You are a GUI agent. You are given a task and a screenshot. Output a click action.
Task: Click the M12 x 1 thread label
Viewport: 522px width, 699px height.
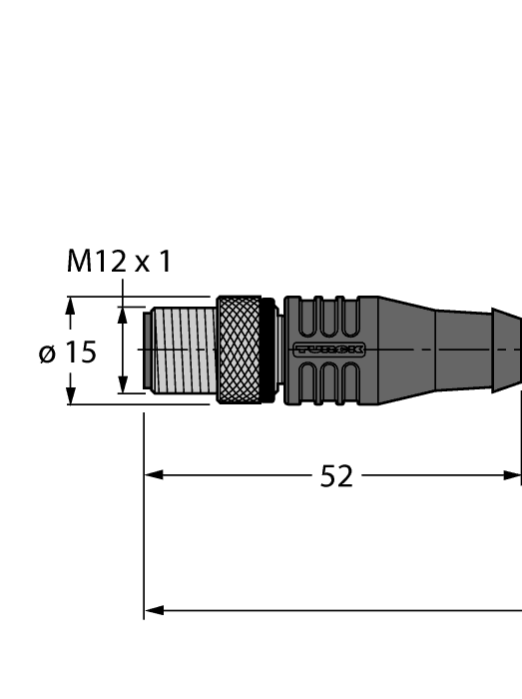tap(119, 263)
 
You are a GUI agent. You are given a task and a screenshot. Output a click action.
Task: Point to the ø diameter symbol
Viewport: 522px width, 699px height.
tap(48, 353)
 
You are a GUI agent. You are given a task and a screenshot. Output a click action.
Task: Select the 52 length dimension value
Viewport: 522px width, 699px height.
tap(336, 477)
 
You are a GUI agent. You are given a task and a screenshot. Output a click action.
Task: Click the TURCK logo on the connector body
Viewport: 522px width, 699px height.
tap(328, 349)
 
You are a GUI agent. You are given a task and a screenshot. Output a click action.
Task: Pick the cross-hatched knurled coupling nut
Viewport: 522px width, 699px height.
tap(239, 349)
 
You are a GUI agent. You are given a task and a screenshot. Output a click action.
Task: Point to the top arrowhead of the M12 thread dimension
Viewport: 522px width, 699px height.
tap(123, 315)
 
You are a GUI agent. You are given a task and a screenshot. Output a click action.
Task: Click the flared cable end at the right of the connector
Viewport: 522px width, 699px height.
tap(506, 349)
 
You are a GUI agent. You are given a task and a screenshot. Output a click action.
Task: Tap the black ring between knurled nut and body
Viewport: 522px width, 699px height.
tap(267, 349)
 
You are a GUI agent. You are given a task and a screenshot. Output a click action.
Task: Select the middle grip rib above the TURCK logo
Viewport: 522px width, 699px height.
tap(322, 318)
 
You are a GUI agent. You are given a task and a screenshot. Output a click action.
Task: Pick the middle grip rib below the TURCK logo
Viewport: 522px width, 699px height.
tap(322, 381)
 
